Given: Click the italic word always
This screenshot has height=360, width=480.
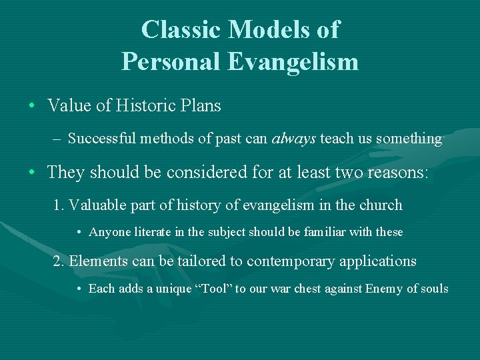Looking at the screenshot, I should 295,139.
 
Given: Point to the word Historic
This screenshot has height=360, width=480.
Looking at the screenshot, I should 143,105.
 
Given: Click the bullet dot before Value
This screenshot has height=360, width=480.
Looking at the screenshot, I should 32,106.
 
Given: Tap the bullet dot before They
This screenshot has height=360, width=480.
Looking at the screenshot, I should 32,172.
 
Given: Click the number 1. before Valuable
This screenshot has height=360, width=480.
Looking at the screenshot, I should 59,205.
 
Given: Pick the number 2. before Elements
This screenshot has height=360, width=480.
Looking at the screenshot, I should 59,261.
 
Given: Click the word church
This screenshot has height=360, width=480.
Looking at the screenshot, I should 380,205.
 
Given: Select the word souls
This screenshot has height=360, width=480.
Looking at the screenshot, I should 434,289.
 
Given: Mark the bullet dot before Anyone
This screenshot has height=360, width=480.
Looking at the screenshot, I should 79,233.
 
